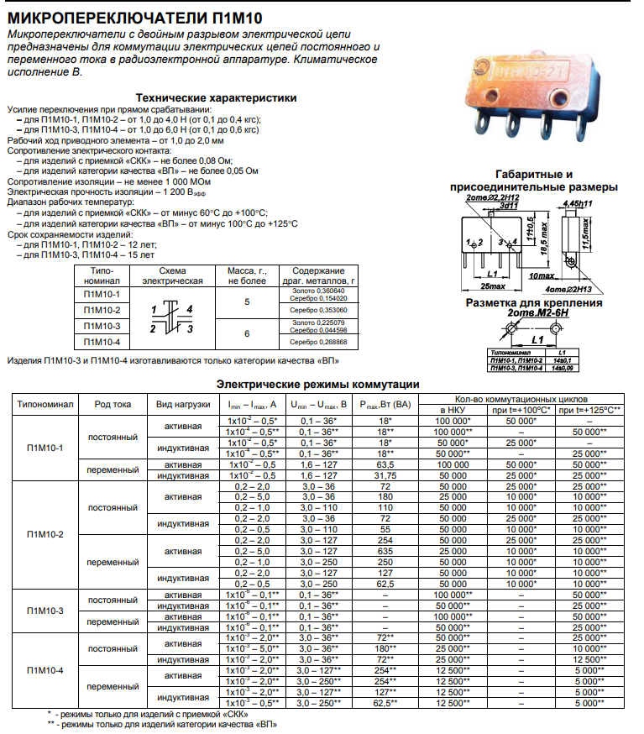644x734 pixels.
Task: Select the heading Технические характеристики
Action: point(216,98)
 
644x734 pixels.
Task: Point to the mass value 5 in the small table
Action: point(247,301)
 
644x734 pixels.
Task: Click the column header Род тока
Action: point(113,404)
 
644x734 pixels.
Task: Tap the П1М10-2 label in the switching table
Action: point(45,534)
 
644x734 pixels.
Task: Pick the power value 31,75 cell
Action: point(385,474)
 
